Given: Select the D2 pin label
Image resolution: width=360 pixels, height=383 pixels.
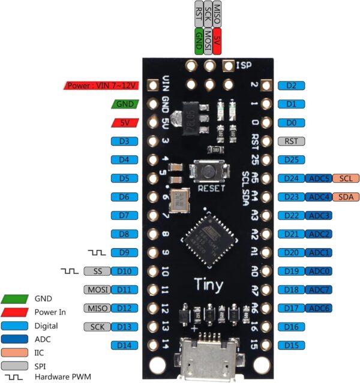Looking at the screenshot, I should tap(292, 85).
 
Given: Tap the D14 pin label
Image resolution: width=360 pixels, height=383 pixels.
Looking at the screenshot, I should tap(124, 345).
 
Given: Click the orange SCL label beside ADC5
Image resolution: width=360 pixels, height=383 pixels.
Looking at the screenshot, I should tap(344, 178).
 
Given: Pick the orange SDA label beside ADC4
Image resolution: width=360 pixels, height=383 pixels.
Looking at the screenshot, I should tap(344, 197).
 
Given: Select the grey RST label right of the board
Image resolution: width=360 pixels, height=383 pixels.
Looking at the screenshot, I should tap(292, 141).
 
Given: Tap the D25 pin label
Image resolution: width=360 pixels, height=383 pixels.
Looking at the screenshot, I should tap(292, 159).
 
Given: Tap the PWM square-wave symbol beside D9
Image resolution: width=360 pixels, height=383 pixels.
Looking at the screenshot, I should tap(96, 252).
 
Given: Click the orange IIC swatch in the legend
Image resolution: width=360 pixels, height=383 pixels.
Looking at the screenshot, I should tap(15, 352).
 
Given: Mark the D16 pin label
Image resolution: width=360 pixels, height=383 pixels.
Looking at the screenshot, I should tap(292, 327).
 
